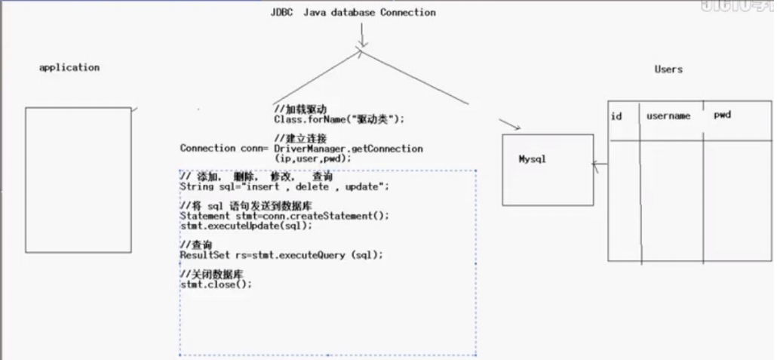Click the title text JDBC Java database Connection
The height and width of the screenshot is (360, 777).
pos(353,13)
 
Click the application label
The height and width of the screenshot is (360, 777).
pos(69,67)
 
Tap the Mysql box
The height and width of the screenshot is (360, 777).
pos(547,169)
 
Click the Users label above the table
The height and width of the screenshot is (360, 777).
pos(668,69)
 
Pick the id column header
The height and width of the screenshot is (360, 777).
pos(616,116)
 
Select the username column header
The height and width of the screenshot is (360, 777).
pos(668,116)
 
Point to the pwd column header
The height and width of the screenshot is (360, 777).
pos(722,115)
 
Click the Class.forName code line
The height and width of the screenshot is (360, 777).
pos(339,119)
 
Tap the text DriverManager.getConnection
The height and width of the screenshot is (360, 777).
pos(349,149)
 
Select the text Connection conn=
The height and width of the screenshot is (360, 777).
pos(224,148)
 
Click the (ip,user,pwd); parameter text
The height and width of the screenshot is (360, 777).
pos(313,158)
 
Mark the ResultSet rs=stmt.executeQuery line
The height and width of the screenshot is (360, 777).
pos(281,254)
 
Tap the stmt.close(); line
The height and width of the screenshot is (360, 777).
pos(216,284)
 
